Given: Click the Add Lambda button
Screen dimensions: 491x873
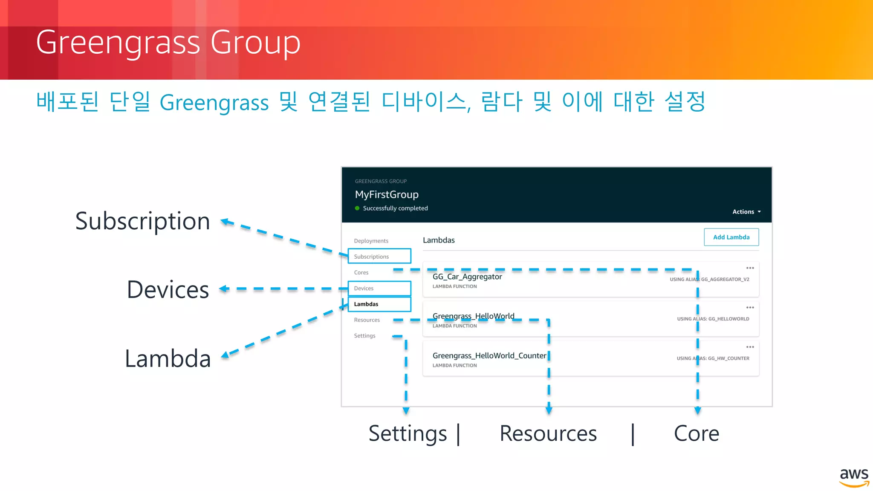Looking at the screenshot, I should pos(731,237).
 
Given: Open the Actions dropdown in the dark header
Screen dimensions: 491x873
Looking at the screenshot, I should pos(746,212).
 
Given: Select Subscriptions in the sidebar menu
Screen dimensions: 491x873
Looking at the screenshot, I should pos(371,257).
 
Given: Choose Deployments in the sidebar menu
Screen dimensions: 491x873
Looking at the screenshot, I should pos(371,241).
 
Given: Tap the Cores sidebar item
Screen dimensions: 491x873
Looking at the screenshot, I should pos(361,272).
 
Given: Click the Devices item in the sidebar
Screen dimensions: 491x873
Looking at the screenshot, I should pos(364,288).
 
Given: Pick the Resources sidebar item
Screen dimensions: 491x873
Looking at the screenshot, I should pos(367,320).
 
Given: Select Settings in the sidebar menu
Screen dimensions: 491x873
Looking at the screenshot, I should pos(364,335).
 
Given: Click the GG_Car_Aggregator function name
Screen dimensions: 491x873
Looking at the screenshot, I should pos(467,277).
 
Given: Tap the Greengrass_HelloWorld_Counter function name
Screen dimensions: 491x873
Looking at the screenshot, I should pos(489,355).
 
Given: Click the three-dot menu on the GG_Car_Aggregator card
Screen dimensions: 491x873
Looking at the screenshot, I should pos(750,268).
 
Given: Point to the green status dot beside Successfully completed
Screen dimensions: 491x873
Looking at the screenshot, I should pos(357,208).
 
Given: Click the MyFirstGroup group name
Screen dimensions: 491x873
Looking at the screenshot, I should pos(387,194).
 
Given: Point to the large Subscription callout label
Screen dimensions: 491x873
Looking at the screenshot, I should pos(142,221).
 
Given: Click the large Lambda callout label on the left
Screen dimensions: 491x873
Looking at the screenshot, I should pos(168,358).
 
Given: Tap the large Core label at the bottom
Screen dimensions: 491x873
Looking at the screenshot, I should pos(696,433).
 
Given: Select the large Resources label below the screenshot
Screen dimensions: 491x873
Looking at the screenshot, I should pos(548,433).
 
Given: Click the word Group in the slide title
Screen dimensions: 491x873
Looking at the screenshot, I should pos(255,43).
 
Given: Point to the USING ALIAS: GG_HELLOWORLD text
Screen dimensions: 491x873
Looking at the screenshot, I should pos(713,319).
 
